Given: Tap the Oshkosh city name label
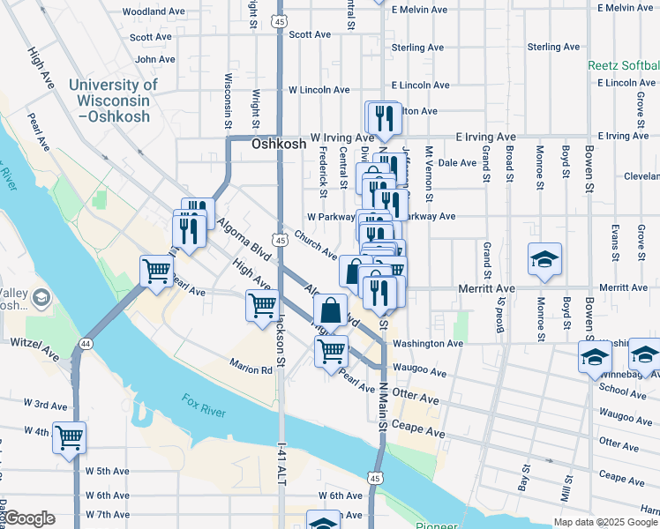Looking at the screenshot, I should tap(279, 144).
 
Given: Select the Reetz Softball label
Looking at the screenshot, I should tap(624, 66).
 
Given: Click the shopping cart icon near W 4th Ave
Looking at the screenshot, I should tap(69, 436).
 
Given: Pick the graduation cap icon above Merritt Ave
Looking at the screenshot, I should tap(544, 259).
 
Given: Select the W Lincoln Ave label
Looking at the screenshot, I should tap(319, 90).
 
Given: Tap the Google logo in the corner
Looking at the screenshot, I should tap(30, 518).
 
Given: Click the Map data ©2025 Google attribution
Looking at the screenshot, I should tap(605, 522).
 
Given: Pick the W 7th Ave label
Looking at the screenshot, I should tap(108, 515).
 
